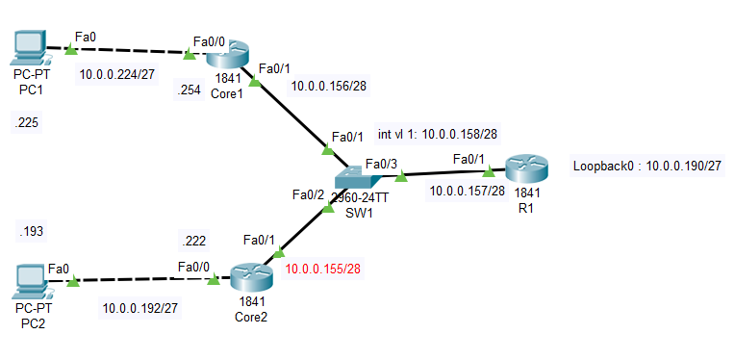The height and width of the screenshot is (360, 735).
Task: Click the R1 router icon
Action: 526,170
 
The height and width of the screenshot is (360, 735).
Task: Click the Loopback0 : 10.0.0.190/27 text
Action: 646,166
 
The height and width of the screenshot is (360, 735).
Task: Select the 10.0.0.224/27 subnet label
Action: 118,74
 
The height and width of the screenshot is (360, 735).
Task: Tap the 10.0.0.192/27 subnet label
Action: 141,309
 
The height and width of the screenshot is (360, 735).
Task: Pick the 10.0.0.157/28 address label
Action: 467,191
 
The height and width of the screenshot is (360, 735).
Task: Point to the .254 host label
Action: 189,90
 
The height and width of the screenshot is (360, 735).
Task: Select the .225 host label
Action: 27,123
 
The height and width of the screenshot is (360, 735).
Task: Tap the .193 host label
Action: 31,231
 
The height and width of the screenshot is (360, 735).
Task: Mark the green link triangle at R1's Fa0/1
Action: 488,173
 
